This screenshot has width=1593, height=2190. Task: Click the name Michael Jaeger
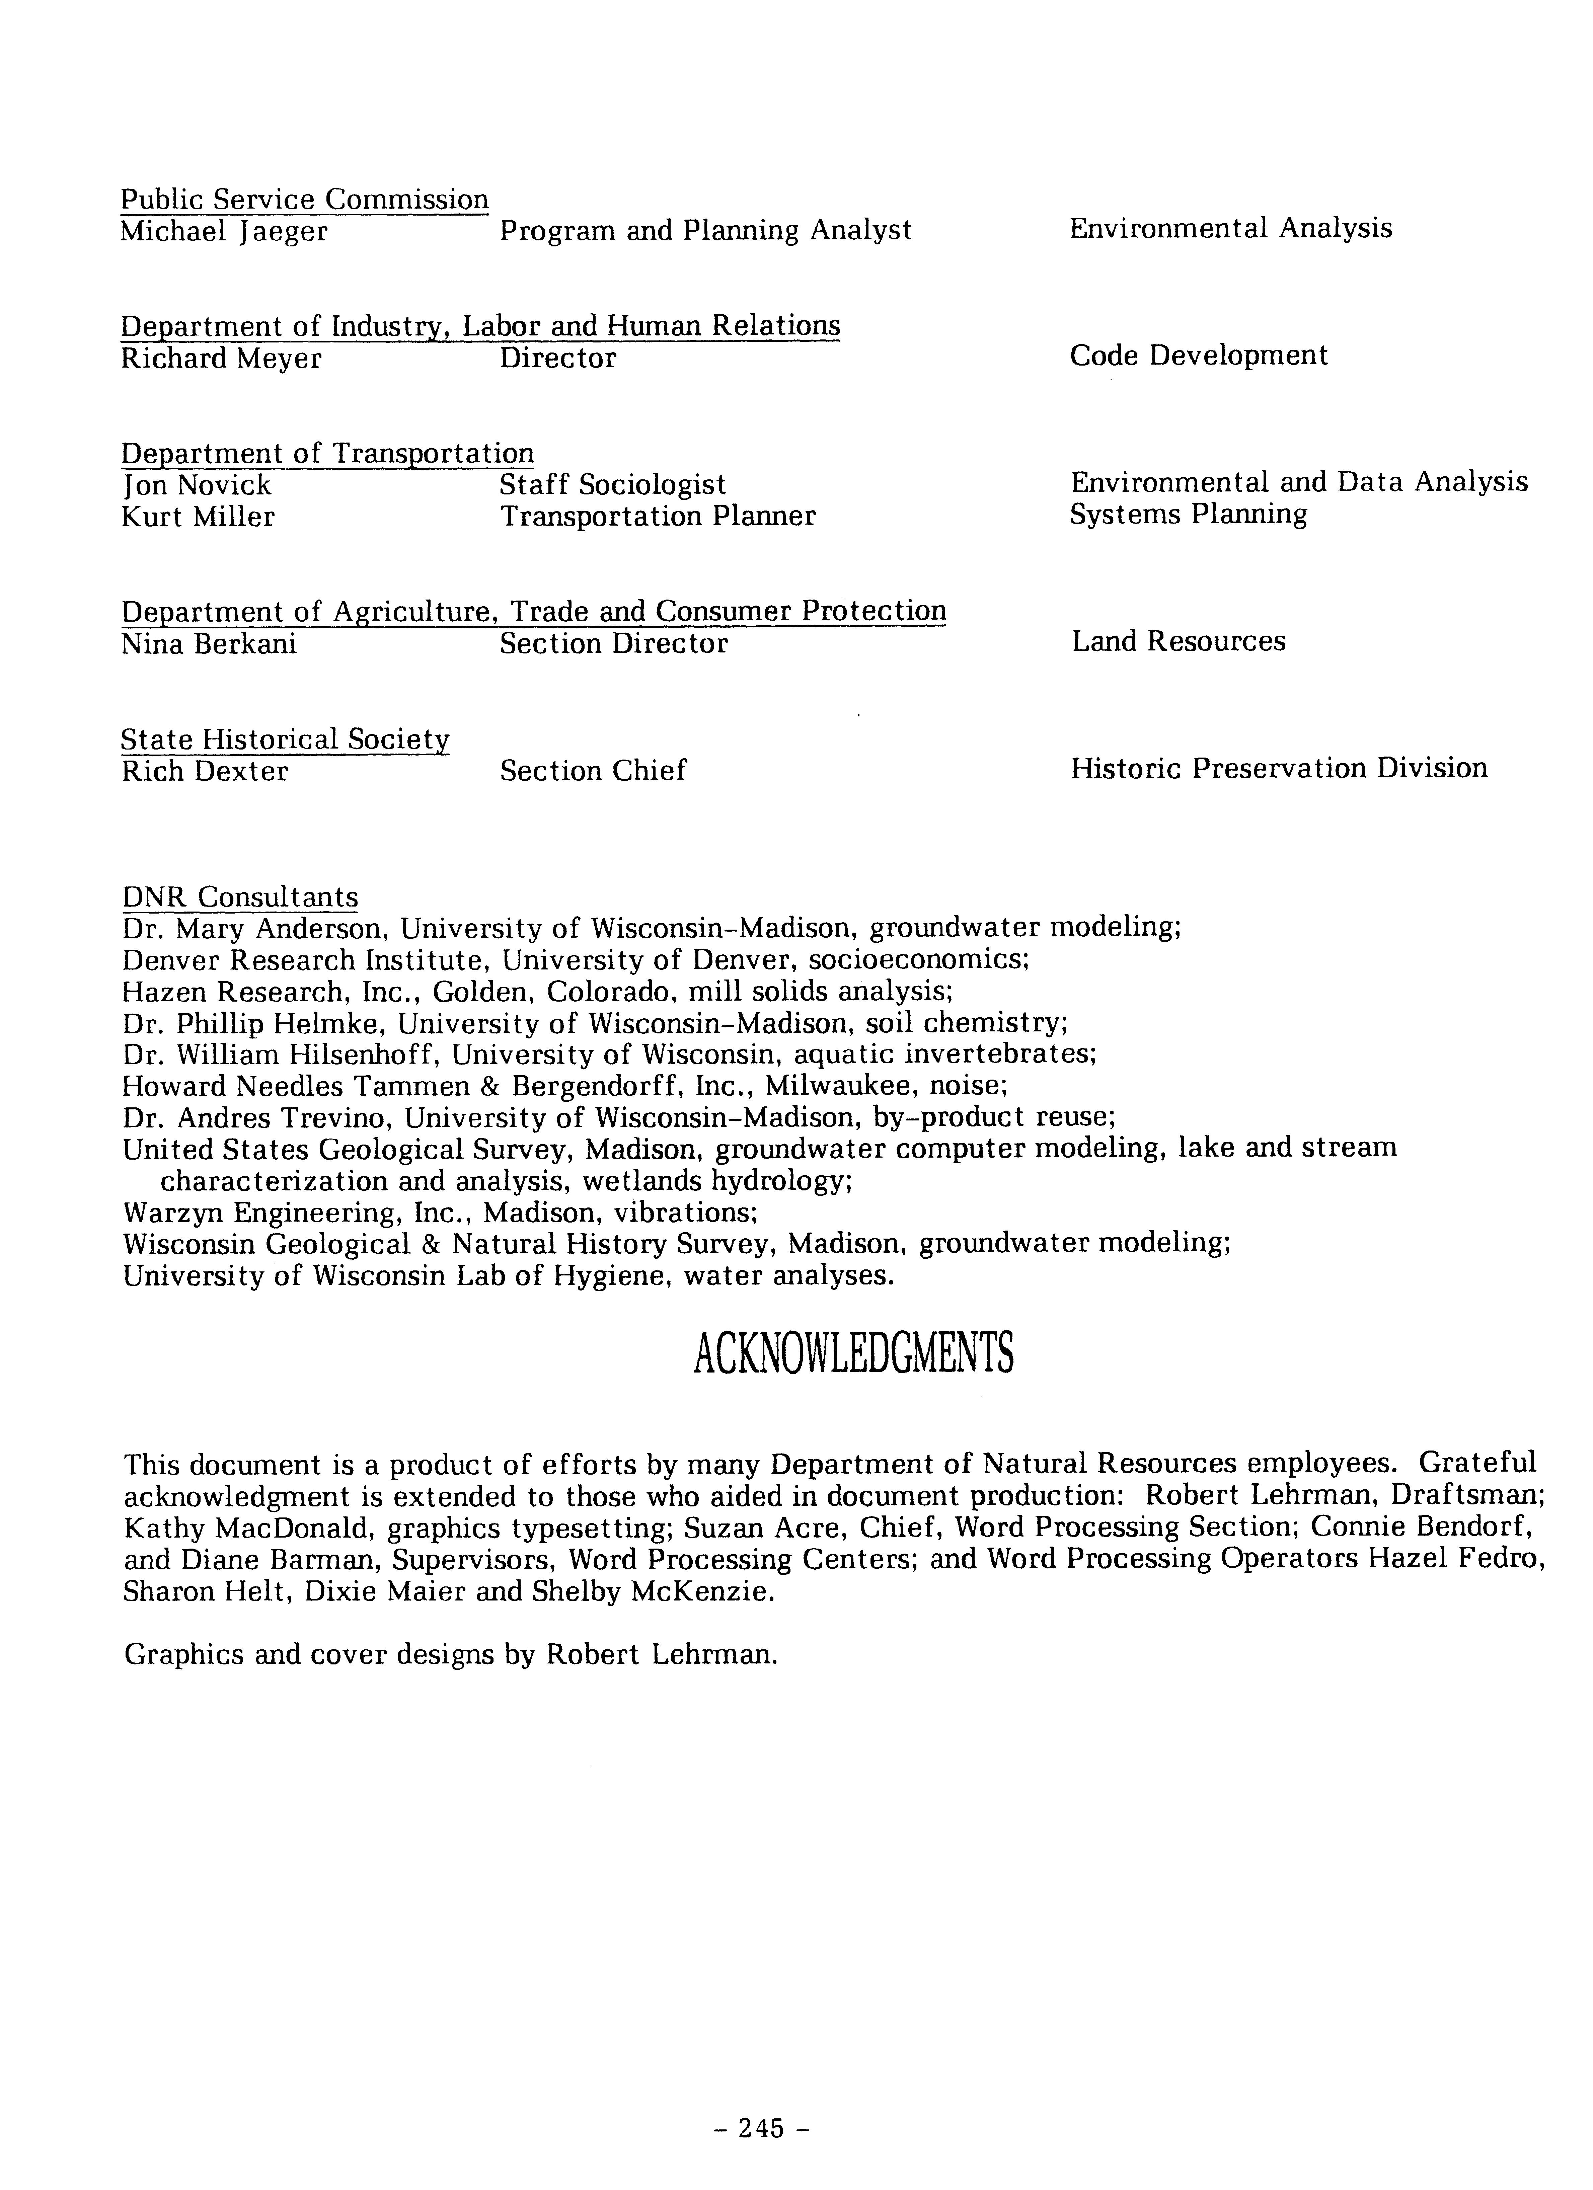coord(224,232)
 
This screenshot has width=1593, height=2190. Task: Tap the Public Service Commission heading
coord(304,200)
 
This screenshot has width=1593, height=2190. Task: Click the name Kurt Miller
coord(198,517)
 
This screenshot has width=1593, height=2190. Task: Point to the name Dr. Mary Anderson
coord(255,929)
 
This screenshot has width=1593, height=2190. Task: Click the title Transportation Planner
coord(658,517)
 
